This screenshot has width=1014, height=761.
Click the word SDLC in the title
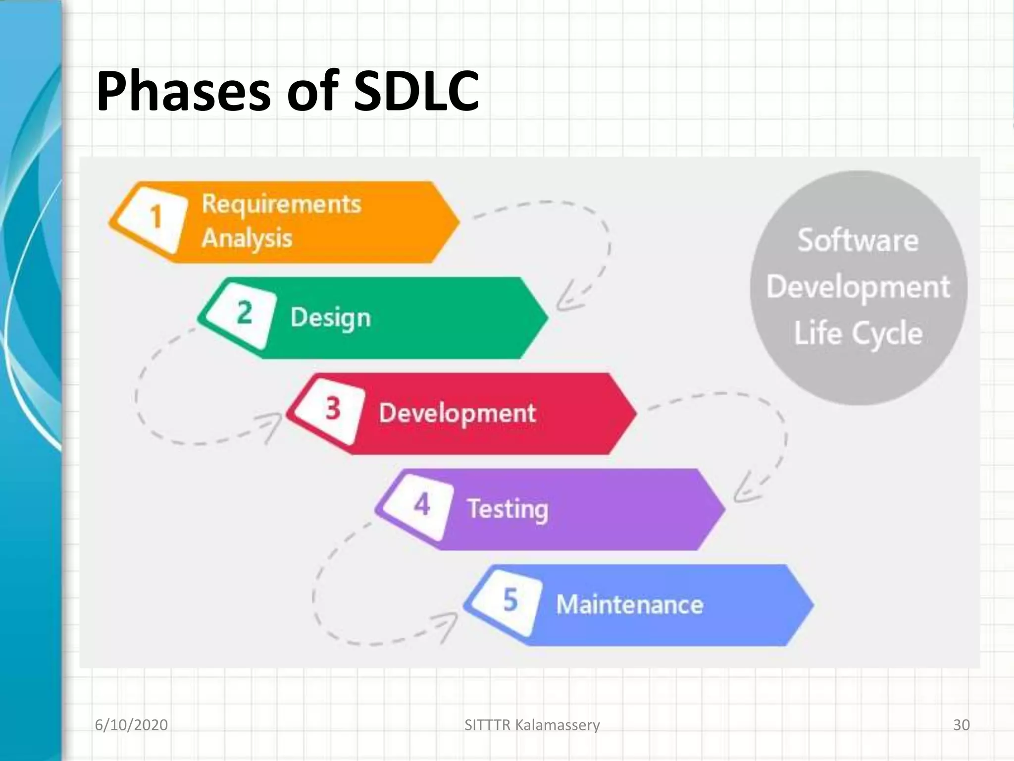[x=416, y=92]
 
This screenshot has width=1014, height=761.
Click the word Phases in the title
[x=183, y=92]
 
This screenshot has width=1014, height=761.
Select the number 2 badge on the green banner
[x=244, y=313]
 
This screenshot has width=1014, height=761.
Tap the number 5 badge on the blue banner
[x=510, y=600]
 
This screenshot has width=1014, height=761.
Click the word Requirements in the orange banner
[x=281, y=204]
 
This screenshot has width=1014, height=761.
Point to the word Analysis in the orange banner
[x=247, y=238]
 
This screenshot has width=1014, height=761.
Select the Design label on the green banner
[x=330, y=317]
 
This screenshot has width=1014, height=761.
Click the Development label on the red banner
[x=457, y=413]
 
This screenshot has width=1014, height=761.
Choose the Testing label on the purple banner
[x=507, y=509]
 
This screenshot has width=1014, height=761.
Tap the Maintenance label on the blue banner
[x=629, y=604]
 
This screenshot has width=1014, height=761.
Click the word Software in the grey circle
[x=858, y=241]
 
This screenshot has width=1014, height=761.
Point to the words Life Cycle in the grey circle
[x=858, y=333]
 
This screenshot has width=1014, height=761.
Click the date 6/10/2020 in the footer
[x=131, y=725]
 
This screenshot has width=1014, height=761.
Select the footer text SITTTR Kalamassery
[x=532, y=725]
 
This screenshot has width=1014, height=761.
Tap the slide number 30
[x=961, y=725]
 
